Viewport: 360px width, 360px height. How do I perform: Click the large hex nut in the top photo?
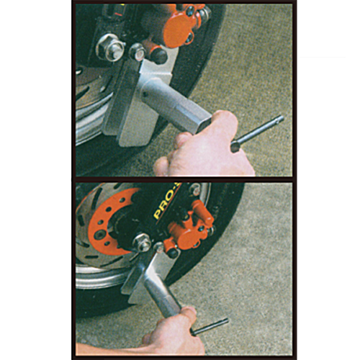pos(110,48)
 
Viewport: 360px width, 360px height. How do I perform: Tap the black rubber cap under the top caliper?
pos(156,55)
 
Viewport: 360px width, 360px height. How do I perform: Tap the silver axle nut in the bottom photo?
pos(143,243)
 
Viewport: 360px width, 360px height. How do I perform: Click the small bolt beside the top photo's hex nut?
pos(138,51)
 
